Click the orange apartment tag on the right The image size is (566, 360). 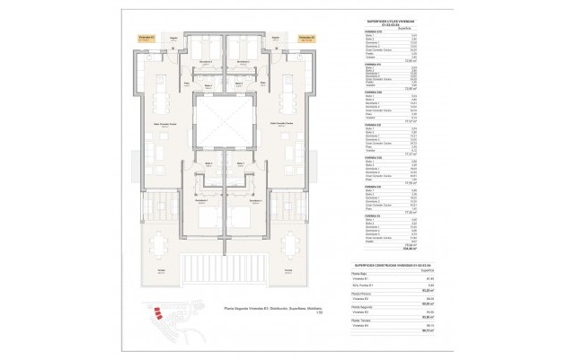305,39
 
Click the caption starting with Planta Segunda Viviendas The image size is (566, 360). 225,310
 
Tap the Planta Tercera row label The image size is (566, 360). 361,320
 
